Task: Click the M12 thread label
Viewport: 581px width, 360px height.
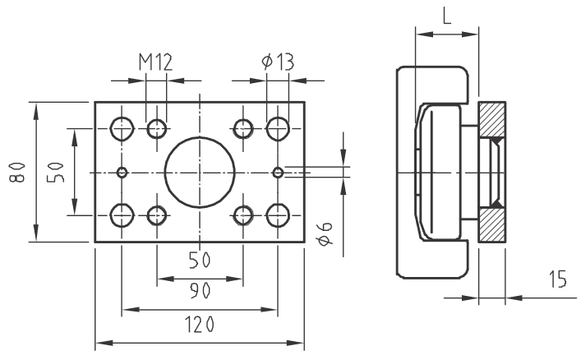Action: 155,62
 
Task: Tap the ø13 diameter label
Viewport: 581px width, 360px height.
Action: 278,62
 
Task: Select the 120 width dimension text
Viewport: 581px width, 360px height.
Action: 200,325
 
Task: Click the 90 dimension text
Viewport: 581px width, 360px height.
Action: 200,291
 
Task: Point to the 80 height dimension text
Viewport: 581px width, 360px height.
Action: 17,172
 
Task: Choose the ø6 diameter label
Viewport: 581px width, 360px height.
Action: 325,234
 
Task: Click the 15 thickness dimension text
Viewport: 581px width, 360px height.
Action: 557,279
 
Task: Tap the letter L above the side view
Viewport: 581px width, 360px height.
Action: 447,16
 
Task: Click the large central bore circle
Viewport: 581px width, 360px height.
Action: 200,172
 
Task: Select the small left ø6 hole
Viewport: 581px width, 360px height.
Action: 122,172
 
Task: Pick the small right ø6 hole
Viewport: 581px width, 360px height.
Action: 278,172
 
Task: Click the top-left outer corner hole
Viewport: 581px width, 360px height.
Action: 122,129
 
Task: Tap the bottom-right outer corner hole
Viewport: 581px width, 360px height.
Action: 278,215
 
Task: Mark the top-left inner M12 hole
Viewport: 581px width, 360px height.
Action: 157,129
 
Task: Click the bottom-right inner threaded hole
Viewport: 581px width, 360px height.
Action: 243,215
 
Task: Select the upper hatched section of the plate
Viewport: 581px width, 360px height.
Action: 492,119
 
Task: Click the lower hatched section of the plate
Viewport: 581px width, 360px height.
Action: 492,225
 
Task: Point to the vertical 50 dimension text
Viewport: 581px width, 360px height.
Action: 56,173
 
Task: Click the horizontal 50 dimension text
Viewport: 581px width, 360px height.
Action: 200,260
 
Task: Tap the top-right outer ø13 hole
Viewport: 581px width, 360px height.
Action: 278,129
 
